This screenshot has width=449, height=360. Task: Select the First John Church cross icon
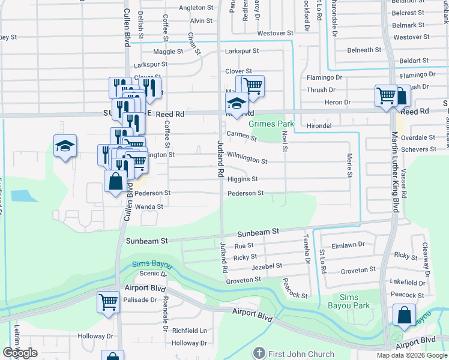point(259,353)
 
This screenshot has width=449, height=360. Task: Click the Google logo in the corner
point(20,353)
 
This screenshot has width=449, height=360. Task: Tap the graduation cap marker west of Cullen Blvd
point(65,146)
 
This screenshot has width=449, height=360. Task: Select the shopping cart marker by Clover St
point(253,85)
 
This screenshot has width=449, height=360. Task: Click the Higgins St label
point(243,179)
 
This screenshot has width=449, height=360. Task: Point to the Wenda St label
point(149,206)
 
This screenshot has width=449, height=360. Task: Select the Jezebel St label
point(267,266)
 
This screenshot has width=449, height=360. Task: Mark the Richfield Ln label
point(189,331)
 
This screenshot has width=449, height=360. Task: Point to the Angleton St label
point(196,8)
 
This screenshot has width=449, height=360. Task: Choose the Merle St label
point(349,166)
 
